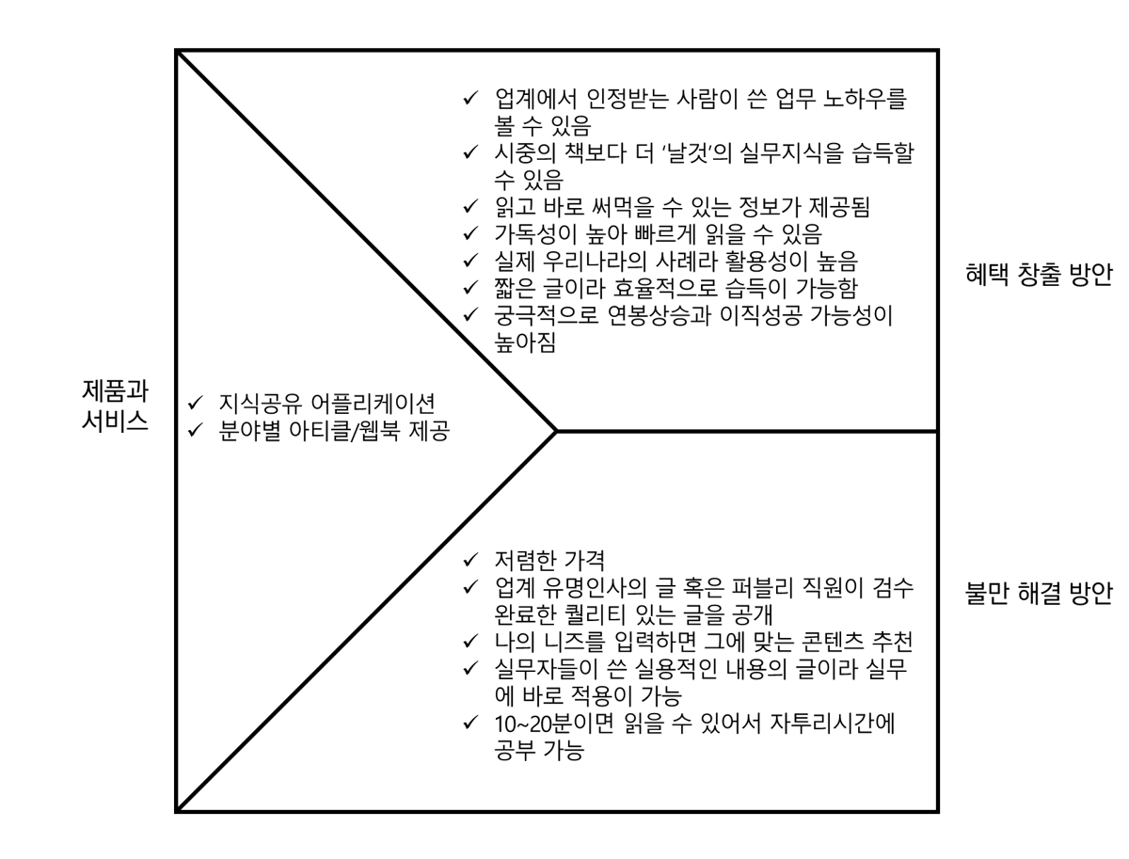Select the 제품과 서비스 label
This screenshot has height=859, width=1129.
point(114,406)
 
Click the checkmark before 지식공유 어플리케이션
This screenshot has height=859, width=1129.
point(196,402)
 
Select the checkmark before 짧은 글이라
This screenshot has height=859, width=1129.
point(470,288)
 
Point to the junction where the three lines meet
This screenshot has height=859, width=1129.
point(558,432)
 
